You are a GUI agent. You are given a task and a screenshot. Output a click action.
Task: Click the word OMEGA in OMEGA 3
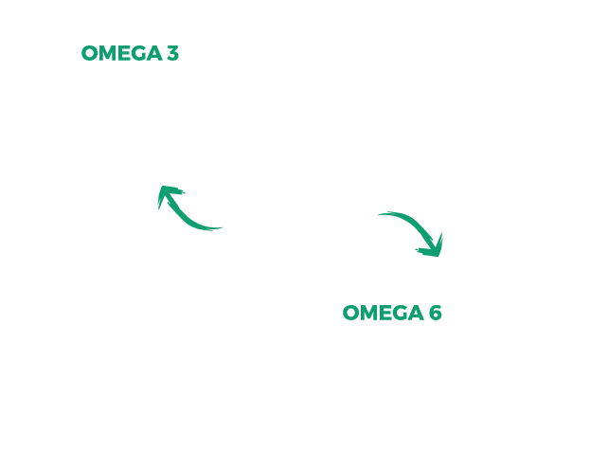pyautogui.click(x=121, y=53)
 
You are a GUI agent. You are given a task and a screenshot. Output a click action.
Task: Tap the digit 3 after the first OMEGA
pyautogui.click(x=173, y=53)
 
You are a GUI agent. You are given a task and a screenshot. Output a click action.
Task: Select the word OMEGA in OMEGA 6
pyautogui.click(x=384, y=313)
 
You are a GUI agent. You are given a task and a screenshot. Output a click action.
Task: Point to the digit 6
pyautogui.click(x=436, y=313)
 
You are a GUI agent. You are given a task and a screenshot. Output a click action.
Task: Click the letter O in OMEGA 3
pyautogui.click(x=89, y=53)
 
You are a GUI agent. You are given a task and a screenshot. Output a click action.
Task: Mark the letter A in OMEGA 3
pyautogui.click(x=154, y=53)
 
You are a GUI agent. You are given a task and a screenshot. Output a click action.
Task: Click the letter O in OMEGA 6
pyautogui.click(x=350, y=313)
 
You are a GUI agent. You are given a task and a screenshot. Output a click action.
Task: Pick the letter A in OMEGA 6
pyautogui.click(x=416, y=313)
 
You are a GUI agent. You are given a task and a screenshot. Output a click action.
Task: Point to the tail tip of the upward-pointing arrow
pyautogui.click(x=223, y=227)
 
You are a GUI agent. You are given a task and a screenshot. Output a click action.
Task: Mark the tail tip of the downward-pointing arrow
pyautogui.click(x=378, y=214)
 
